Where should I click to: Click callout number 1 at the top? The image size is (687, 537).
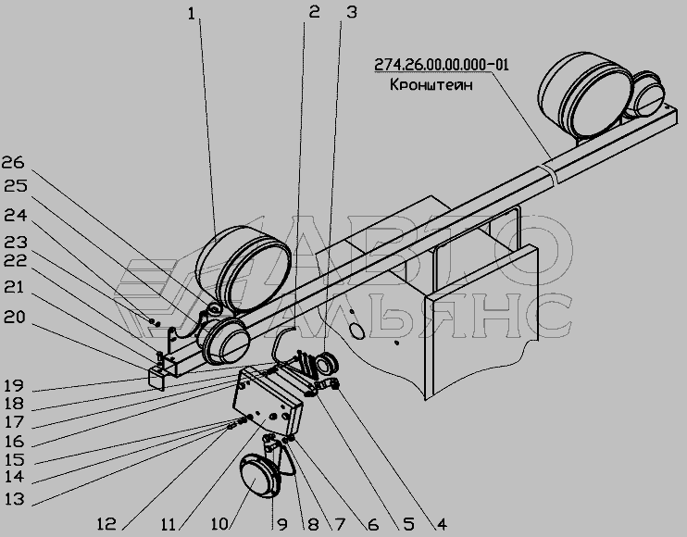pos(192,15)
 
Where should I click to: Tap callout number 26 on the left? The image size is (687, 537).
pos(14,163)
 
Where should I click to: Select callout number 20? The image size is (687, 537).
pos(15,318)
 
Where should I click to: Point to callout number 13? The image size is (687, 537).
pos(15,499)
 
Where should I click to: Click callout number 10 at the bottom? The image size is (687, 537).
pos(219,524)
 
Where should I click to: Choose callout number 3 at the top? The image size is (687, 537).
pos(352,13)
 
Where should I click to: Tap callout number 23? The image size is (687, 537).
pos(16,243)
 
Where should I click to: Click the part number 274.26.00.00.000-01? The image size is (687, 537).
pos(442,65)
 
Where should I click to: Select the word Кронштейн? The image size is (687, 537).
pos(431,84)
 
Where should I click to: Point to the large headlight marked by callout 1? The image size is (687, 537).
pos(244,268)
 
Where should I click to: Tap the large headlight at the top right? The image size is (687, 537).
pos(585,94)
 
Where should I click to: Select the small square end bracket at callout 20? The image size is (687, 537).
pos(156,377)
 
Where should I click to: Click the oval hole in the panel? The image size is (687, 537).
pos(357,331)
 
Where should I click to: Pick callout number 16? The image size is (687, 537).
pos(15,441)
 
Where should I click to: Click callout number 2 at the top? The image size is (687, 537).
pos(314,13)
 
